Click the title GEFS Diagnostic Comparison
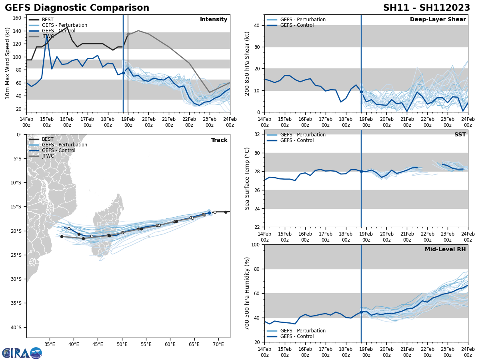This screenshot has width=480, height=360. pyautogui.click(x=77, y=8)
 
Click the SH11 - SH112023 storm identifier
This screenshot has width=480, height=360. pyautogui.click(x=426, y=8)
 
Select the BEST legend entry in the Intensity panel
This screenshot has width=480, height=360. pyautogui.click(x=47, y=20)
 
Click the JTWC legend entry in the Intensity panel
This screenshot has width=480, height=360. pyautogui.click(x=48, y=36)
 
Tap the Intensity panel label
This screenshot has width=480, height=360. pyautogui.click(x=213, y=20)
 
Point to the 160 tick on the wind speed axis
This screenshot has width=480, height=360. pyautogui.click(x=18, y=18)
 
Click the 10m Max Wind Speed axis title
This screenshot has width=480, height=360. pyautogui.click(x=8, y=63)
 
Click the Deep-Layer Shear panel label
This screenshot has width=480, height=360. pyautogui.click(x=438, y=20)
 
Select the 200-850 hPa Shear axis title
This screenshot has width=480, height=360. pyautogui.click(x=247, y=63)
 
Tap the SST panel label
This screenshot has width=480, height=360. pyautogui.click(x=460, y=135)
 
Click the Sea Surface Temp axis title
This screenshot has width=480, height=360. pyautogui.click(x=247, y=178)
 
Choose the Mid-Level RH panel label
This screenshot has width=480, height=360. pyautogui.click(x=445, y=250)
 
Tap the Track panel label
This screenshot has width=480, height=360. pyautogui.click(x=219, y=140)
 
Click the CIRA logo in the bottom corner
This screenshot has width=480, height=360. pyautogui.click(x=22, y=353)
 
